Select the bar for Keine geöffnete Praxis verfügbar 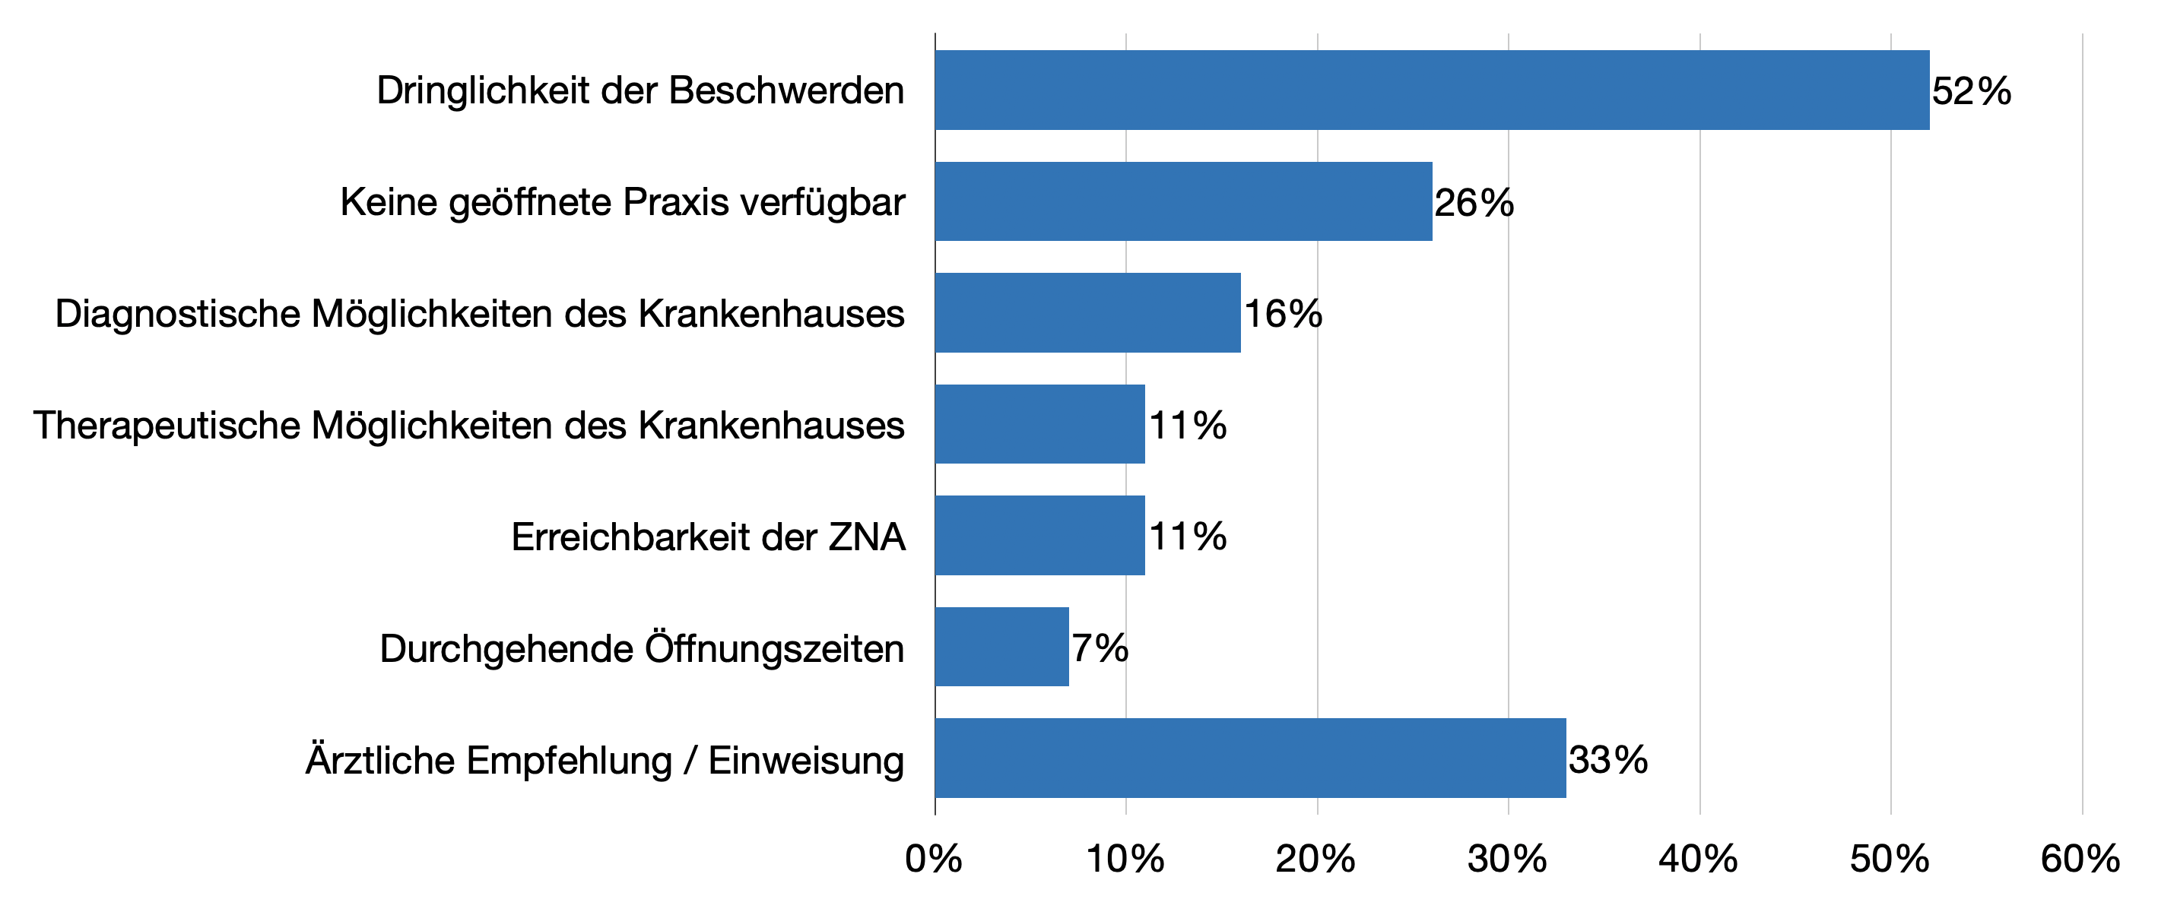click(1183, 201)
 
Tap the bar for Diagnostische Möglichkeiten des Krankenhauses click(1087, 313)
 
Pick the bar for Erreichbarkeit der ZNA click(1039, 536)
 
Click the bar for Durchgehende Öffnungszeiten click(1002, 647)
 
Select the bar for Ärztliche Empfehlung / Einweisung click(1250, 758)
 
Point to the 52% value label click(1971, 91)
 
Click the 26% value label click(1474, 203)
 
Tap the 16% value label click(1283, 314)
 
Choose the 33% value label click(1607, 760)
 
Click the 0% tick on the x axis click(933, 859)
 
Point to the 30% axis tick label click(1507, 859)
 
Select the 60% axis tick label click(2080, 859)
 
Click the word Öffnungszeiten click(774, 648)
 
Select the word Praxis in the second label click(676, 203)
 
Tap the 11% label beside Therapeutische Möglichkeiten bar click(1187, 426)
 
